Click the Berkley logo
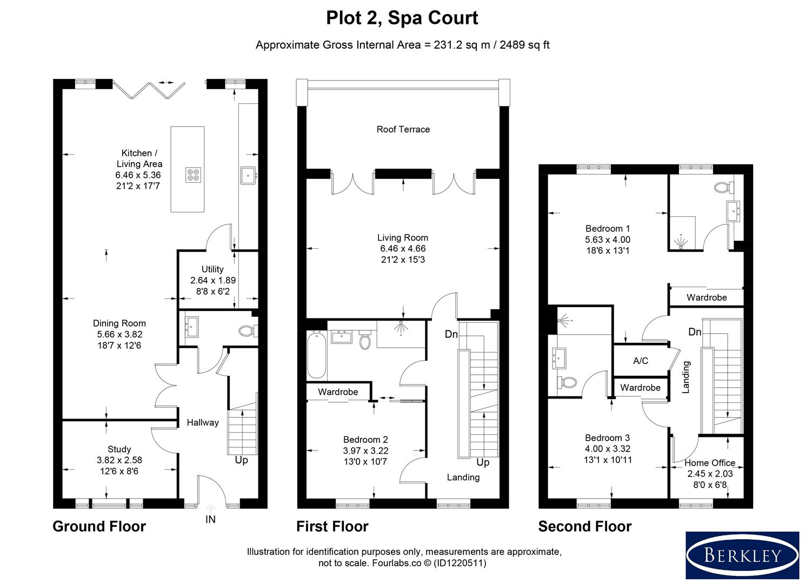[x=742, y=555]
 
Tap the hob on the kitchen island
[x=194, y=175]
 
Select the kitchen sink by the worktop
[x=248, y=175]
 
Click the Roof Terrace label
[x=403, y=129]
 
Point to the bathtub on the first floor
[x=317, y=354]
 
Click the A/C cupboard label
[x=641, y=361]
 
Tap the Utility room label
[x=212, y=269]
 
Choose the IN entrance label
[x=210, y=519]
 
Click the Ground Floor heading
[x=99, y=527]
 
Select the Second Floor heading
[x=585, y=527]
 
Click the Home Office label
[x=710, y=463]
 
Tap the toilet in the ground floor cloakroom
[x=248, y=331]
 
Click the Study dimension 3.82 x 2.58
[x=119, y=460]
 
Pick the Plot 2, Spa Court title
[x=402, y=18]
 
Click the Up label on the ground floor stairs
[x=241, y=460]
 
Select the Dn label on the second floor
[x=695, y=331]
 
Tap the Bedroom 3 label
[x=607, y=438]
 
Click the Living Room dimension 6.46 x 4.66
[x=403, y=248]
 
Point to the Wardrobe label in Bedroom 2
[x=338, y=391]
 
